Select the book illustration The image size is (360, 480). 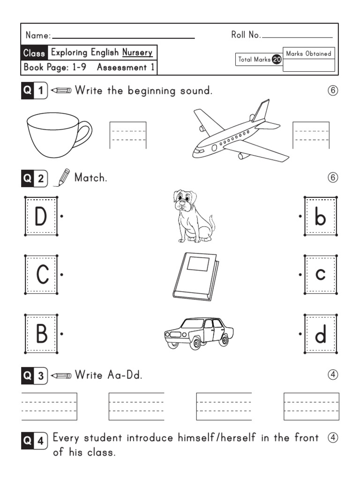click(195, 276)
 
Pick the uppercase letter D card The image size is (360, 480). click(41, 217)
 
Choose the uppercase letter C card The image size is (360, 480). click(41, 275)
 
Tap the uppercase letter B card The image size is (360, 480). click(41, 334)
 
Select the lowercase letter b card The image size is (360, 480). click(320, 217)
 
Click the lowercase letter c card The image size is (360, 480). click(320, 275)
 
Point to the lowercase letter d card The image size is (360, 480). click(320, 334)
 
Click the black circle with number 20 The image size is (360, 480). click(277, 60)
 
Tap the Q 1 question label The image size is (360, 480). click(34, 90)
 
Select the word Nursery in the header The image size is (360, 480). click(137, 52)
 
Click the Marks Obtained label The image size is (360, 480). click(308, 53)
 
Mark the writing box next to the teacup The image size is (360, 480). click(128, 135)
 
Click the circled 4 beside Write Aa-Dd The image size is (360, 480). click(333, 375)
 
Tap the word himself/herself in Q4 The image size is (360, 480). click(217, 438)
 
